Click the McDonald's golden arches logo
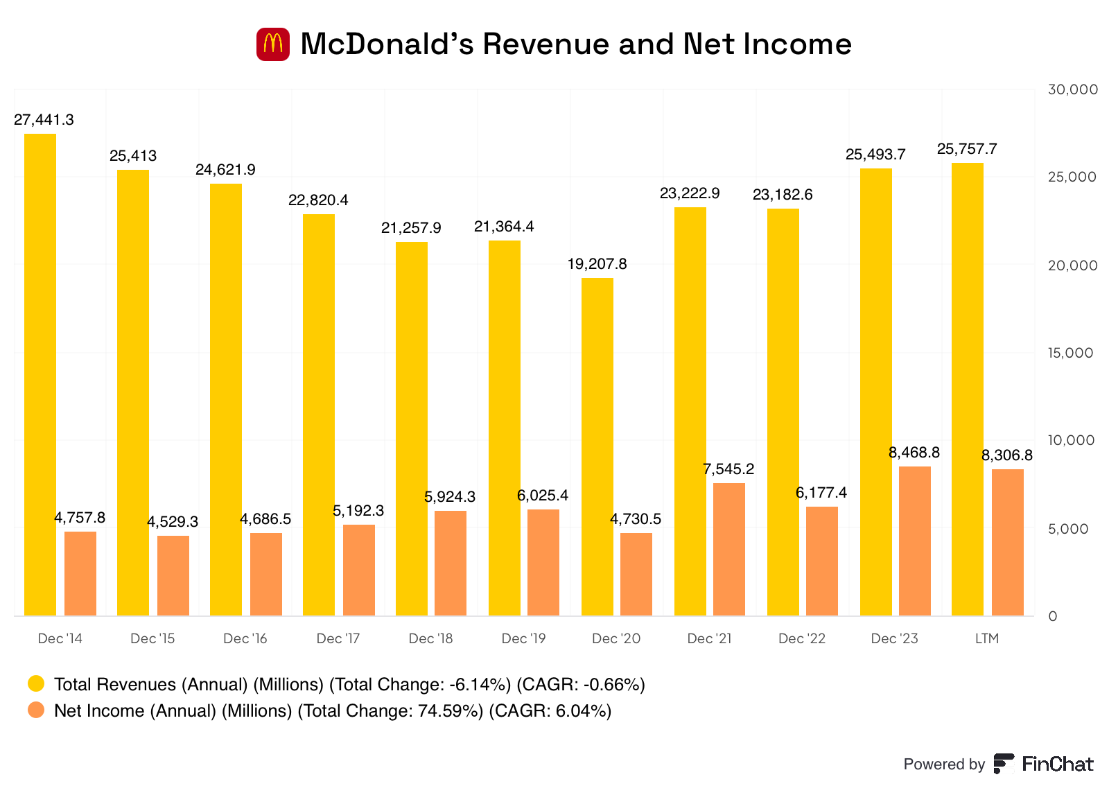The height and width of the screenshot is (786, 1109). click(273, 44)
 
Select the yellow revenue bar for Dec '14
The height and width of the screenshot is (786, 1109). click(40, 374)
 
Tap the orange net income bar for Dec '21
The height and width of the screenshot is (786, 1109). click(729, 549)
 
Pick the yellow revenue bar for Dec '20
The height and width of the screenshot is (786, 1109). click(597, 446)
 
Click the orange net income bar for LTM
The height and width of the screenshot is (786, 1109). click(1008, 542)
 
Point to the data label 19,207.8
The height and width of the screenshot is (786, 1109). click(597, 264)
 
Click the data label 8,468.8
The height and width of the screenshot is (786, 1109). click(914, 453)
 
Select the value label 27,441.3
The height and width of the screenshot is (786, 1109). click(44, 120)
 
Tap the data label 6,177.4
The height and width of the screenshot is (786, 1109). click(821, 493)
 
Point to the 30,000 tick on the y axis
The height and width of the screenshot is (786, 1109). click(1073, 89)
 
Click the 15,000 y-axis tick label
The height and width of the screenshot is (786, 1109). click(1071, 353)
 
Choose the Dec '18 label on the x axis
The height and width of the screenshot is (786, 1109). click(430, 638)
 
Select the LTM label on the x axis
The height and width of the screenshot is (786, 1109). click(987, 638)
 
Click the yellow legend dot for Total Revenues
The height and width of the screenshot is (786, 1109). click(36, 684)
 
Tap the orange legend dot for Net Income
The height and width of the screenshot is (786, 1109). click(36, 710)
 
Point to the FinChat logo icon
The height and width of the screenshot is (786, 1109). click(1003, 764)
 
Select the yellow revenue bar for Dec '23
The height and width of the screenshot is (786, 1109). click(876, 392)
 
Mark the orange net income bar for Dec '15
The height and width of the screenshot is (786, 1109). click(173, 575)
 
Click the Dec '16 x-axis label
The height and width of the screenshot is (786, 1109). click(245, 638)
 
